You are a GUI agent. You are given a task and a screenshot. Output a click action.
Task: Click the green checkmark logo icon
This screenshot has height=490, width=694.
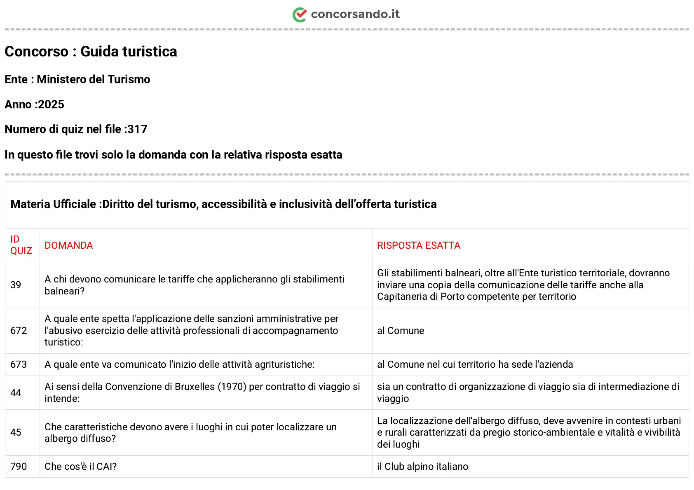click(300, 15)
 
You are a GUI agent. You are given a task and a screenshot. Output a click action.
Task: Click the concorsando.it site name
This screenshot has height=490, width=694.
click(355, 14)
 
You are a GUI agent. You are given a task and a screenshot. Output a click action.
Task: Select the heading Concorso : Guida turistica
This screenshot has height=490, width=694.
click(91, 51)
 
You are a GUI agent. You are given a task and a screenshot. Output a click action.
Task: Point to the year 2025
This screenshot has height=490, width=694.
click(51, 105)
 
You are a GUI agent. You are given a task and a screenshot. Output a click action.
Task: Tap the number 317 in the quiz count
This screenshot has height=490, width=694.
click(138, 129)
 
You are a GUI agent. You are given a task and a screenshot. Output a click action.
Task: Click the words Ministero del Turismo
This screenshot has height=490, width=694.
click(94, 79)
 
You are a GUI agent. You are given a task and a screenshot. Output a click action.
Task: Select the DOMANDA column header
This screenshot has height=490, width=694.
click(69, 245)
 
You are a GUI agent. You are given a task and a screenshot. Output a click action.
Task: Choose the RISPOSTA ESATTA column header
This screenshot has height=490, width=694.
click(419, 245)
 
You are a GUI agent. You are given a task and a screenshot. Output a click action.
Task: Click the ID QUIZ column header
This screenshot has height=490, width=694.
click(21, 245)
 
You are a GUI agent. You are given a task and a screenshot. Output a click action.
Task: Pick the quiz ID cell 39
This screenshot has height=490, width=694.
click(16, 285)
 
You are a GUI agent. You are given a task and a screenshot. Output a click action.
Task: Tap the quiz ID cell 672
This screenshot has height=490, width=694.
click(19, 331)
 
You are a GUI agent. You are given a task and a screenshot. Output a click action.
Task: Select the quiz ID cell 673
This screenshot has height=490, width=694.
click(19, 364)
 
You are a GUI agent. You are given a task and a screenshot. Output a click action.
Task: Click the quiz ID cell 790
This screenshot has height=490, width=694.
click(19, 467)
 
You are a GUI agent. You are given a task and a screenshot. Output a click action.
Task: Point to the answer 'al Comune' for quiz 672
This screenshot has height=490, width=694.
click(401, 331)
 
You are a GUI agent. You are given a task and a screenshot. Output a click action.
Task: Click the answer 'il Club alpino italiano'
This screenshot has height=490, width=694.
click(422, 467)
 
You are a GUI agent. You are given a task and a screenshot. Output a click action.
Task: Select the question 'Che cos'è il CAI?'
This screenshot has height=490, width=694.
click(81, 467)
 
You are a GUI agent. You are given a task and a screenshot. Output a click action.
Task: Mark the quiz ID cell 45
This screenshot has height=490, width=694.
click(16, 432)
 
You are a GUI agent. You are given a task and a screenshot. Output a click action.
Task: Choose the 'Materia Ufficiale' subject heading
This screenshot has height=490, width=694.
click(53, 204)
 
